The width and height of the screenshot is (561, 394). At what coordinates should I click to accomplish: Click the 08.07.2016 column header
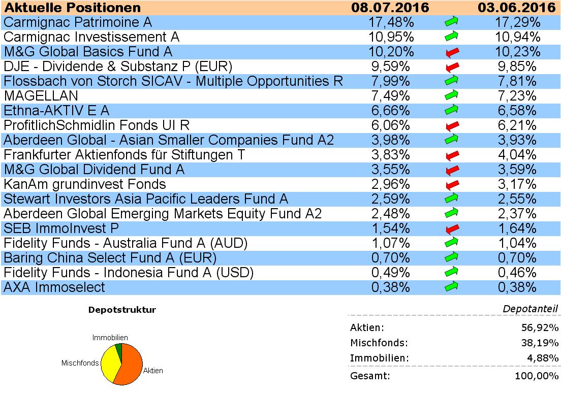[x=390, y=8]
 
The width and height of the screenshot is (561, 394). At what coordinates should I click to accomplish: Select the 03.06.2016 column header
[x=516, y=8]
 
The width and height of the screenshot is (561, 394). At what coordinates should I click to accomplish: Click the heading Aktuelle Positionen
[x=72, y=8]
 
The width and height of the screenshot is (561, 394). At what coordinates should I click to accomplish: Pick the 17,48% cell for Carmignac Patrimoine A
[x=390, y=22]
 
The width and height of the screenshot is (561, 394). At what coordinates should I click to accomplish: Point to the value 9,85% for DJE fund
[x=516, y=67]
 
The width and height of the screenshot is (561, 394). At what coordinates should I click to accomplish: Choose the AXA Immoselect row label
[x=54, y=287]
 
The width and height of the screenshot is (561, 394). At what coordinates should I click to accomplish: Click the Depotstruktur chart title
[x=122, y=310]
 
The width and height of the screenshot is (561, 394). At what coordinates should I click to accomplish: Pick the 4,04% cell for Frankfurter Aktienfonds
[x=516, y=155]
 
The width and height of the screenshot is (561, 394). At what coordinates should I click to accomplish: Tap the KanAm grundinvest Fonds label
[x=85, y=184]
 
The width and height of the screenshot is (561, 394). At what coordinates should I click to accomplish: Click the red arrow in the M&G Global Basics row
[x=451, y=52]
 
